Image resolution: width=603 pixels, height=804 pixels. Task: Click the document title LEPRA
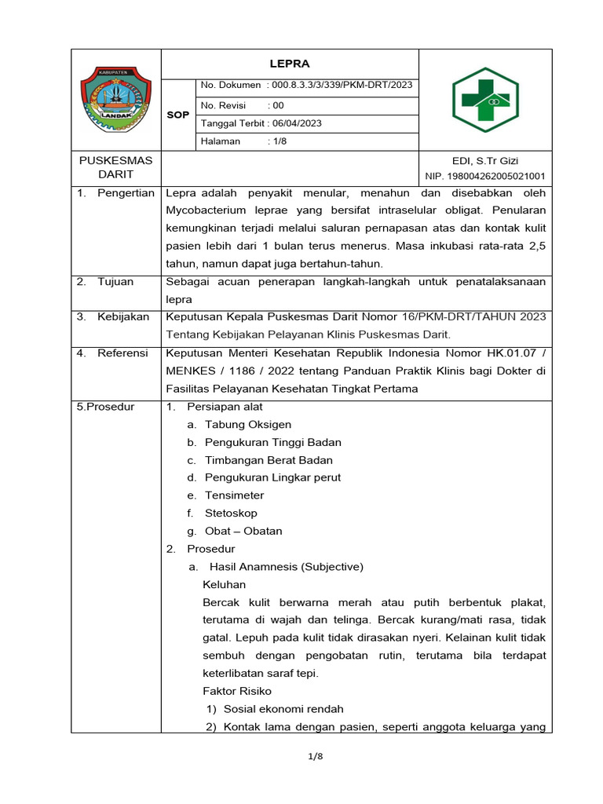[290, 64]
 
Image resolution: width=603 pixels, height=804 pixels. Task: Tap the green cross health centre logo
[485, 100]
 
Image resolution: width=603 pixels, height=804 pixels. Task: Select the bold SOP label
[178, 115]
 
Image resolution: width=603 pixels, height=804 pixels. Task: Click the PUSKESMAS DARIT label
[115, 167]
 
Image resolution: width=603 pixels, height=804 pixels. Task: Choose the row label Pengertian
[126, 193]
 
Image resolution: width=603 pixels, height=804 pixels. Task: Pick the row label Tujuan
[115, 281]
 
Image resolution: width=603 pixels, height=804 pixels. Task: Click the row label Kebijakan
[123, 316]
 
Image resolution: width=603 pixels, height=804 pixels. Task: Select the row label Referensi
[122, 353]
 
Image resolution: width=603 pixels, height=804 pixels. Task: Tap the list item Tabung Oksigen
[248, 424]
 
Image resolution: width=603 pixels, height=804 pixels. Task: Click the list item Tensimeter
[234, 495]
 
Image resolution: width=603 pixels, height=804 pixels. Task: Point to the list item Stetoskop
[231, 513]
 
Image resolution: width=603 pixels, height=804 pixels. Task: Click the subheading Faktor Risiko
[237, 691]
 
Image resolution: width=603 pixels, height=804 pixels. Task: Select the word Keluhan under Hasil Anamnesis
[225, 584]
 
